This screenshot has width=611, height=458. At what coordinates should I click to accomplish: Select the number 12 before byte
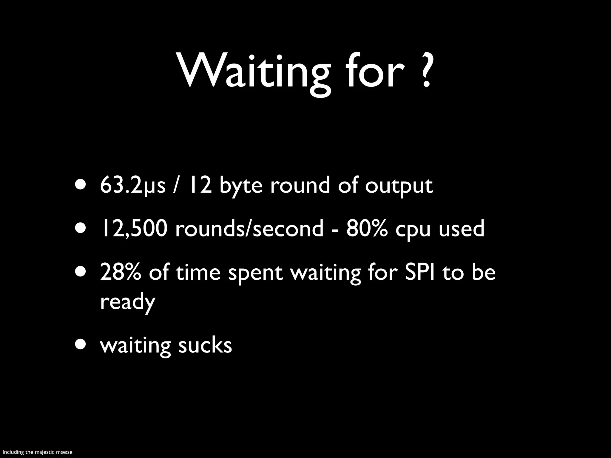click(x=200, y=185)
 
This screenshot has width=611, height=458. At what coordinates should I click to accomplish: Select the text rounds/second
click(x=249, y=228)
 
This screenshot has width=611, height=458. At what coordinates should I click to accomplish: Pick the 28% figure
click(x=120, y=273)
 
